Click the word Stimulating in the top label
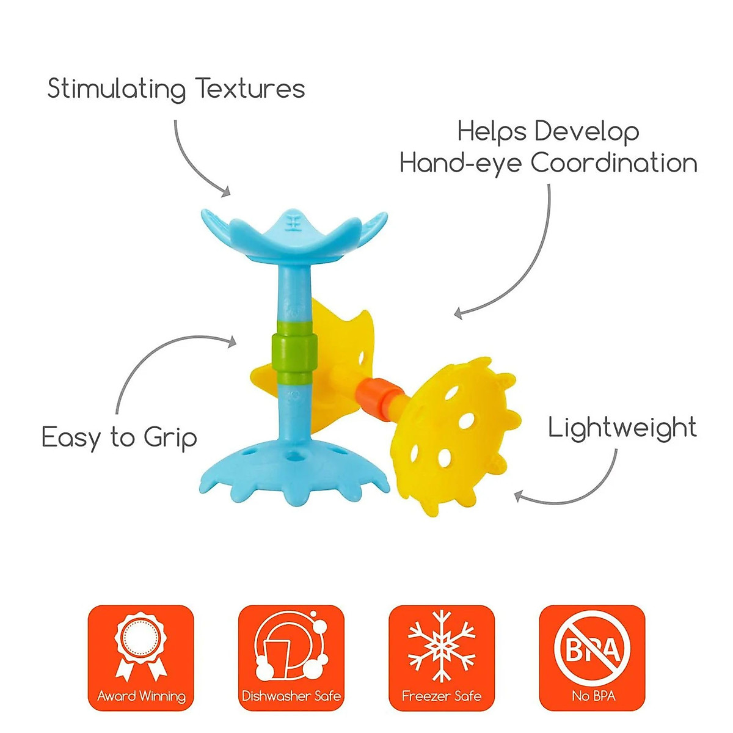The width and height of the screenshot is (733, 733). [x=116, y=89]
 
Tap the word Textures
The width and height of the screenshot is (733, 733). [x=250, y=89]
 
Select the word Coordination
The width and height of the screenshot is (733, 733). [x=613, y=163]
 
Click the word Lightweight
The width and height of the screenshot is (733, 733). [x=622, y=428]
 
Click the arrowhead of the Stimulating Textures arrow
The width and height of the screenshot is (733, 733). [x=226, y=192]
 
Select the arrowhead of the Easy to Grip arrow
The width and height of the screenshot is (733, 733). [x=232, y=342]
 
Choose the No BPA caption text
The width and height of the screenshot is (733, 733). [x=592, y=696]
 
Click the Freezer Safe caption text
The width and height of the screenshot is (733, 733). [x=442, y=696]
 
